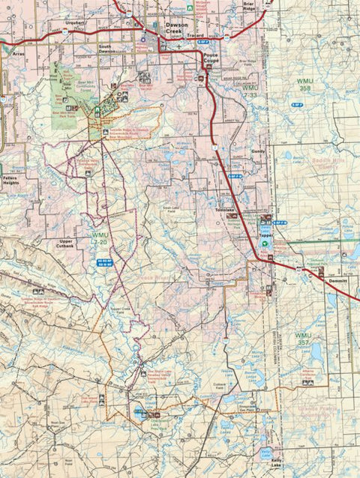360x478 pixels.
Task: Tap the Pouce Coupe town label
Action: click(208, 61)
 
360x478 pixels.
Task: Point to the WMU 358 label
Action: click(304, 85)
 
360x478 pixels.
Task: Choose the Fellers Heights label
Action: click(10, 178)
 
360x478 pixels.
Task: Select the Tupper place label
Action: click(266, 235)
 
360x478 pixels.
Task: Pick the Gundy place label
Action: click(259, 151)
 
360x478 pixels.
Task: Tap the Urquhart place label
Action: click(75, 23)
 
